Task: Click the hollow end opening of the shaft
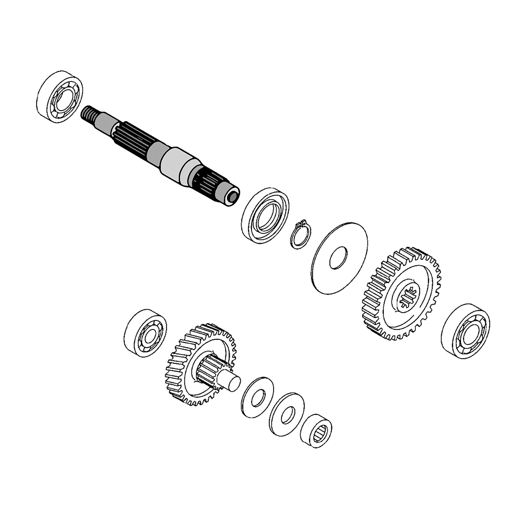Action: point(233,197)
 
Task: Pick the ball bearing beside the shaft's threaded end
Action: point(60,97)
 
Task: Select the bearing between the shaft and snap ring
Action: point(265,216)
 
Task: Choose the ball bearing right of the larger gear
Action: point(465,331)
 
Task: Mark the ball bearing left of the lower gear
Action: point(145,334)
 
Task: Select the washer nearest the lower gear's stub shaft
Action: point(257,397)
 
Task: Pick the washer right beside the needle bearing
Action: point(287,414)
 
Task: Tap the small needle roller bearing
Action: point(317,431)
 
